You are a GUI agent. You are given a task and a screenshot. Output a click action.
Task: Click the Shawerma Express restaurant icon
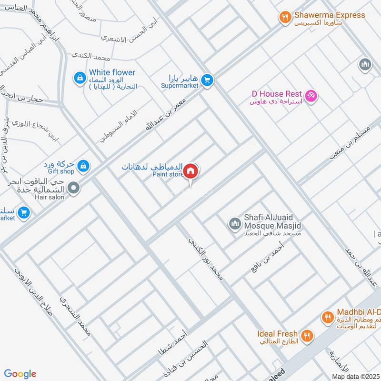285,18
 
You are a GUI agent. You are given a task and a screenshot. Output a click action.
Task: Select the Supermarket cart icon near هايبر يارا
206,80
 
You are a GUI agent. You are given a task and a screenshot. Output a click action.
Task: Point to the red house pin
191,170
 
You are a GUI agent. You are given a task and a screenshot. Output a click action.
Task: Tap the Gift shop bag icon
83,166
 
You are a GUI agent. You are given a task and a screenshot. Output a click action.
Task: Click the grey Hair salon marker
73,189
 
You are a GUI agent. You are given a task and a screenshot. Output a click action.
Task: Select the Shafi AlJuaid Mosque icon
234,223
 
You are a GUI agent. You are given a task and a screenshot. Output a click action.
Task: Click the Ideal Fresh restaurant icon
307,335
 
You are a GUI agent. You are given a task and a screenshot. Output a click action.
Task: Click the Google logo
20,374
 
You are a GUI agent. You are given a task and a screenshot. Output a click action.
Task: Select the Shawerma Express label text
329,15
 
